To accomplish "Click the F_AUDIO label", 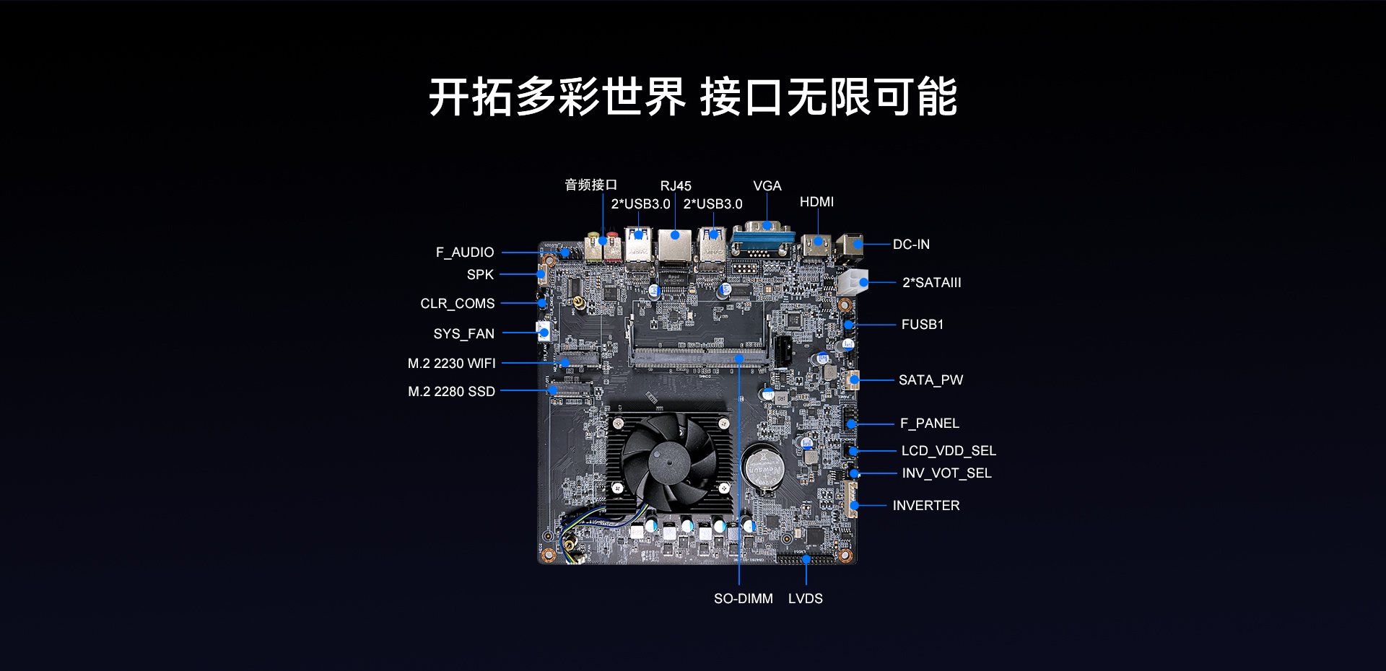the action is click(x=465, y=253).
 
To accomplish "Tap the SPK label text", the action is click(x=480, y=275).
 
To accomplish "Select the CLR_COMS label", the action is click(x=458, y=304).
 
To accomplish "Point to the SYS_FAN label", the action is click(x=464, y=334).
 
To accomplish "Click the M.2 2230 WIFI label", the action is click(x=452, y=364).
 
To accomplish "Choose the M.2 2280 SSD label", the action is click(x=452, y=392).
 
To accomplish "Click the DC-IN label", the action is click(x=911, y=245).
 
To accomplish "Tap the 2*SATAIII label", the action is click(x=932, y=283).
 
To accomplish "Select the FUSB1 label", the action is click(x=923, y=325).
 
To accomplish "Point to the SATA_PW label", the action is click(x=931, y=380).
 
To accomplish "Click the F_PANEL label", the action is click(x=930, y=424).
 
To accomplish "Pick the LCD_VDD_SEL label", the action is click(x=949, y=451).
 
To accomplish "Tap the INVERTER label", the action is click(x=926, y=506).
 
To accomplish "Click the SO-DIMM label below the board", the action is click(x=744, y=599).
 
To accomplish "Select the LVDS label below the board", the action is click(x=806, y=599).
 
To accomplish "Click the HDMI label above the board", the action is click(x=816, y=202).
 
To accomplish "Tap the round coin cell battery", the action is click(x=763, y=469).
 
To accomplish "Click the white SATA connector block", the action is click(x=853, y=282).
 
